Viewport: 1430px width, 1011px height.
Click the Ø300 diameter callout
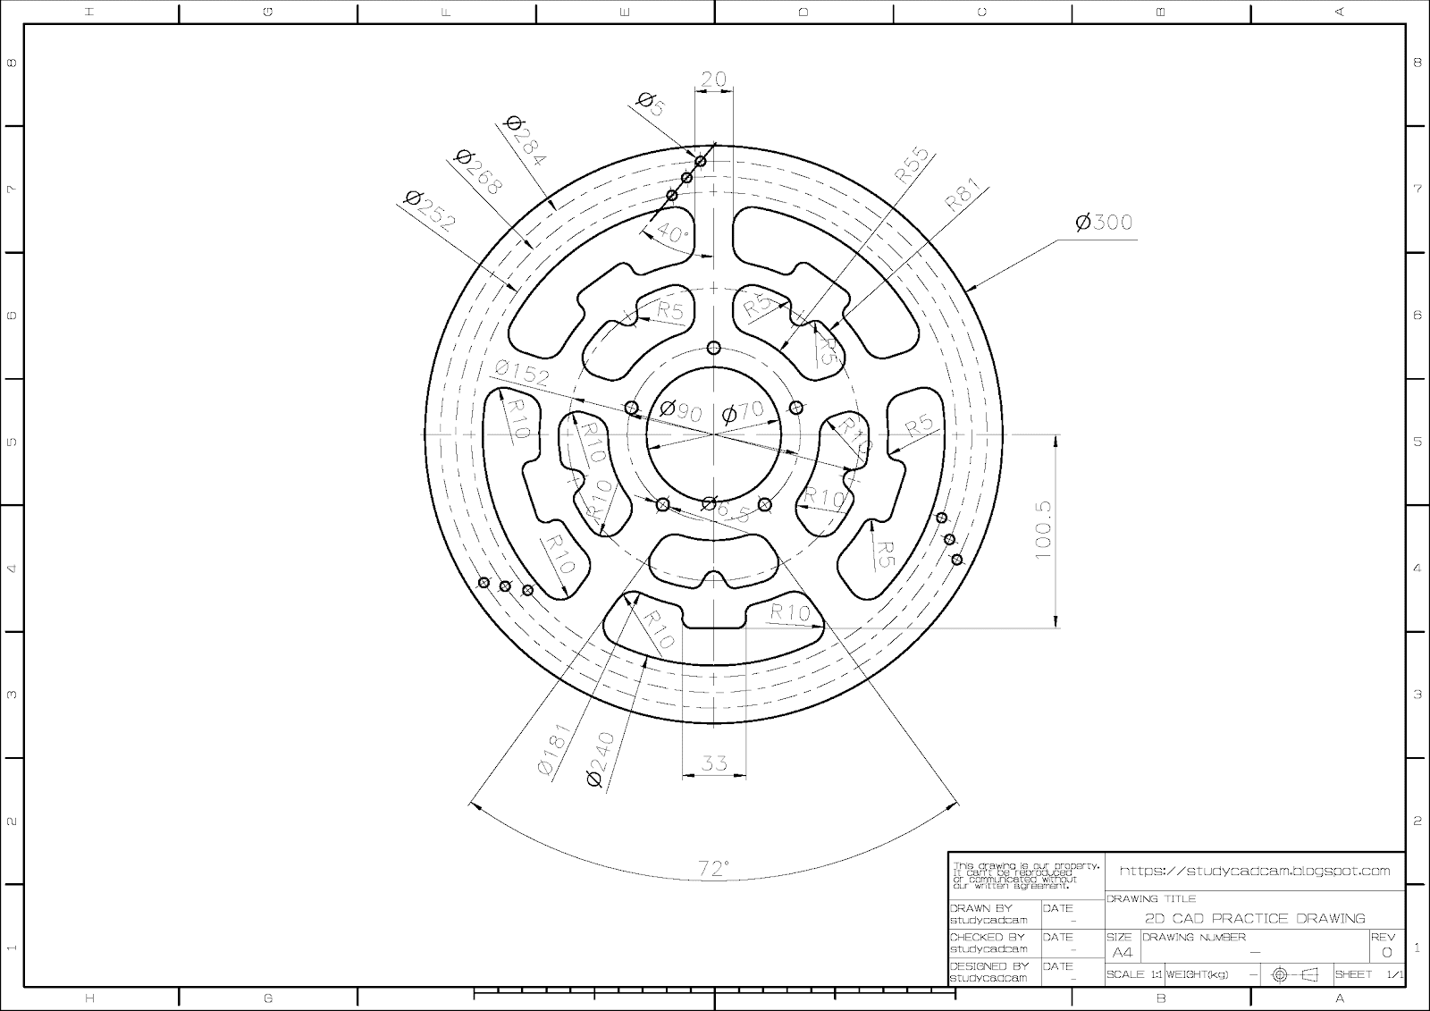tap(1104, 222)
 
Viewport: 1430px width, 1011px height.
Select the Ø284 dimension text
tap(526, 140)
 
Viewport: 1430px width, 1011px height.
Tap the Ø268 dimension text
tap(479, 171)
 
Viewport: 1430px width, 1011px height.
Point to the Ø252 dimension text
tap(430, 211)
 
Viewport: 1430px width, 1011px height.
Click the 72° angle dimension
tap(713, 868)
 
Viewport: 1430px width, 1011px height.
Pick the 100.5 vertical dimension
tap(1044, 530)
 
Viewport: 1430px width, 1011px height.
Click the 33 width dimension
tap(714, 763)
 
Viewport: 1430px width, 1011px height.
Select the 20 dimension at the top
tap(713, 80)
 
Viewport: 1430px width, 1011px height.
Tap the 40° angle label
tap(673, 233)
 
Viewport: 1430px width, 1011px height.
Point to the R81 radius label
tap(963, 194)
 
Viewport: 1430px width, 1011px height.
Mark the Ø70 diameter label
tap(743, 412)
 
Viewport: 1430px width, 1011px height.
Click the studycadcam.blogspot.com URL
tap(1255, 871)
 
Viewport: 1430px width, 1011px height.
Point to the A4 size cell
tap(1122, 952)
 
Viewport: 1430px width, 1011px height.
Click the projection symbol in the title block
tap(1295, 974)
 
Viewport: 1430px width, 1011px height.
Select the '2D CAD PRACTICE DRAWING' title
tap(1255, 918)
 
